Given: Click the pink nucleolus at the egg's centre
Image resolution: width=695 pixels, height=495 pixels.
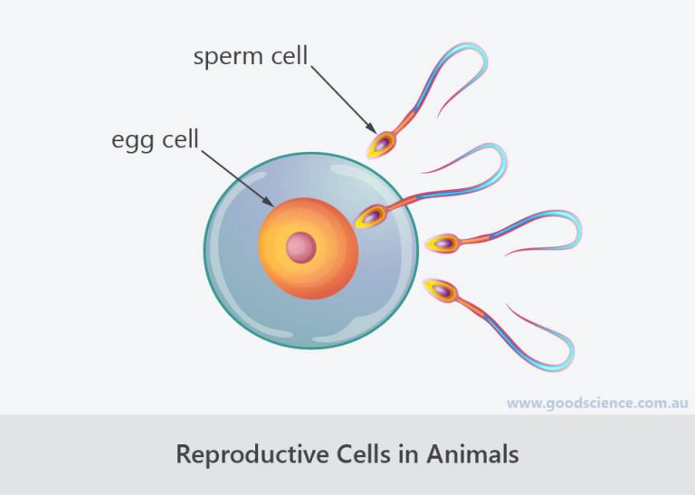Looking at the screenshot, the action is tap(301, 247).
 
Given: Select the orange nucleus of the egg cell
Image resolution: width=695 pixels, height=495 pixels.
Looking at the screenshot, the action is tap(309, 248).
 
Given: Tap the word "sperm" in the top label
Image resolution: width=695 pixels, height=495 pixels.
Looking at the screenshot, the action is tap(228, 57).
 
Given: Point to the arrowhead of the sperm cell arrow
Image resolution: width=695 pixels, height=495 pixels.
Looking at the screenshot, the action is tap(371, 128).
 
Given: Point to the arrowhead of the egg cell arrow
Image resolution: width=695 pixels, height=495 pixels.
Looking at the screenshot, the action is tap(268, 202).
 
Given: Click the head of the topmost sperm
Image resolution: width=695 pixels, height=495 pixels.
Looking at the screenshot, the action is tap(381, 144).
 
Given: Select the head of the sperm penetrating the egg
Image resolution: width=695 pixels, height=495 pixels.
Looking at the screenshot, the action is tap(370, 216).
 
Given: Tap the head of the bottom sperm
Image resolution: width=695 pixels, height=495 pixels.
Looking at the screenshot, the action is tap(440, 290).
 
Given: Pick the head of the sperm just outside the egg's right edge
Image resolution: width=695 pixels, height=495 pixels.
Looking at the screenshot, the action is tap(443, 243).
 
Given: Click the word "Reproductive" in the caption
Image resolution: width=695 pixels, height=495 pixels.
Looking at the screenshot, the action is tap(252, 454).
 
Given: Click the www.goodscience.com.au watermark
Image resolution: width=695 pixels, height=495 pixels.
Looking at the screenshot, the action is tap(597, 404).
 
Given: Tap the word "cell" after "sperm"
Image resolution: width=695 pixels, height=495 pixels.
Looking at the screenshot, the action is tap(290, 56).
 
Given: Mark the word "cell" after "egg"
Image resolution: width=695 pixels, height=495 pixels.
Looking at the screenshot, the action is tap(180, 139).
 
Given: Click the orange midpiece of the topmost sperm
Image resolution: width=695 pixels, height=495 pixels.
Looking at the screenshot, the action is tap(404, 122).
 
